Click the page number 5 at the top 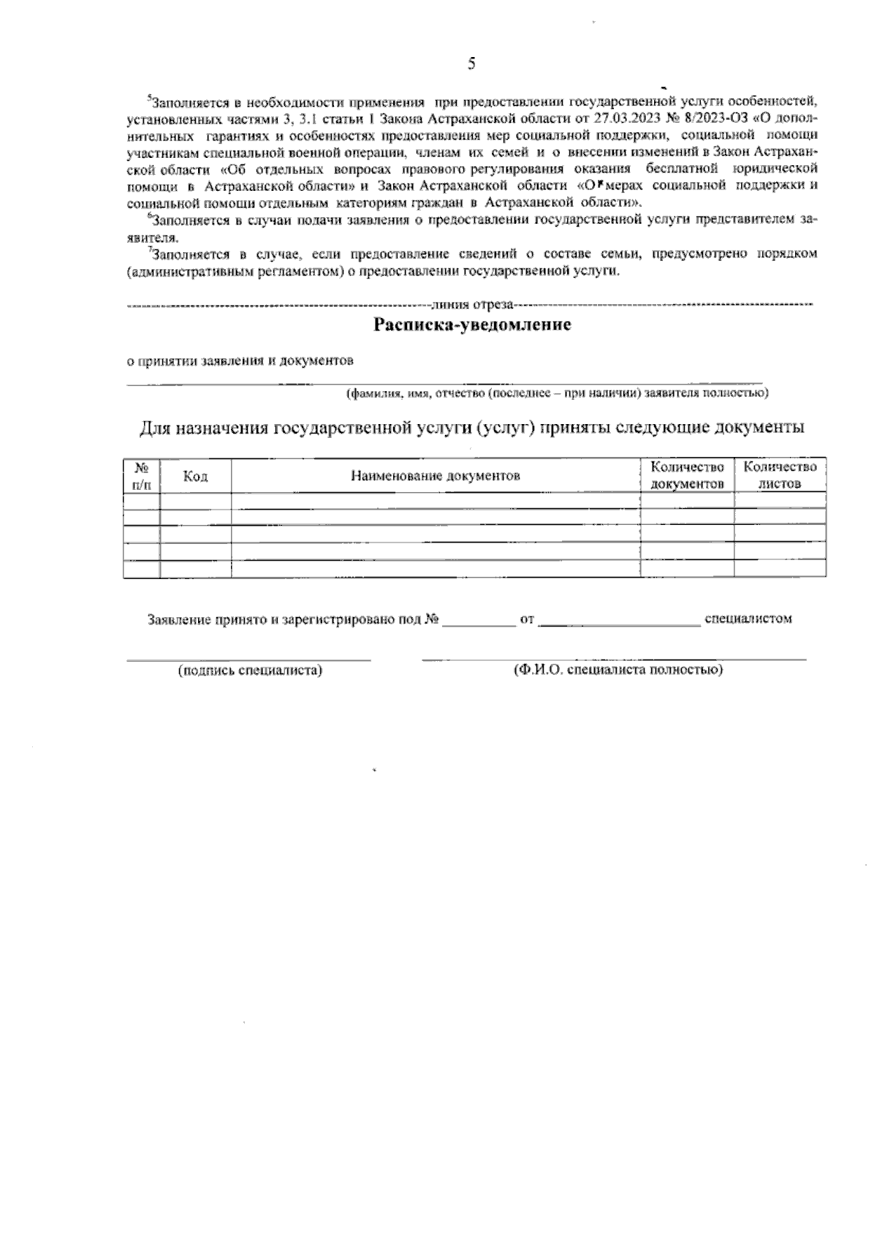[471, 64]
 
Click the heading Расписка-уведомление [472, 325]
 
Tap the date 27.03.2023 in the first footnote [625, 118]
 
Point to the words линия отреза [473, 303]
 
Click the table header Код [195, 477]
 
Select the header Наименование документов [436, 477]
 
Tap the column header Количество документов [687, 475]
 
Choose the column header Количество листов [780, 475]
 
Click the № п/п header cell [142, 476]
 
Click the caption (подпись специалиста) [250, 670]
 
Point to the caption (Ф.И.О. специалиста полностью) [618, 670]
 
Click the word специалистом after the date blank [748, 619]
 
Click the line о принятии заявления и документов [241, 360]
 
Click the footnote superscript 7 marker [149, 250]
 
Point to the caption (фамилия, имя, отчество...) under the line [556, 393]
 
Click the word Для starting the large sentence [154, 427]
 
